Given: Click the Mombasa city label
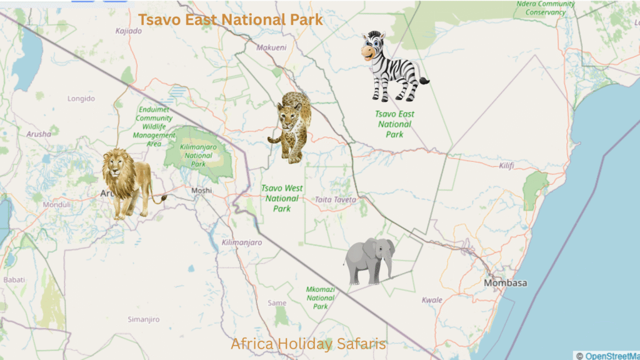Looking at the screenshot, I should tap(505, 283).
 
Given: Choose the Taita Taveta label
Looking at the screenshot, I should tap(336, 200).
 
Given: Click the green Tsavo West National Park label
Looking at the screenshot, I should tap(282, 198).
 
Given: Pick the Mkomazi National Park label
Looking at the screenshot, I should tap(321, 297).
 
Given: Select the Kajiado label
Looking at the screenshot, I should tap(129, 31).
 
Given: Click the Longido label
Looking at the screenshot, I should tap(81, 99).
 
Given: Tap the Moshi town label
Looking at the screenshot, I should tap(202, 190).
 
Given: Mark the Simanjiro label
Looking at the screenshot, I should tap(144, 319).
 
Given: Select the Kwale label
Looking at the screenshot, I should tap(432, 300).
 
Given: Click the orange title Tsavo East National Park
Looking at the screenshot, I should tap(231, 19).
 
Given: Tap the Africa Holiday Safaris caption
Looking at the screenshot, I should tap(309, 344).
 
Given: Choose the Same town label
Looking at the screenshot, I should tap(277, 303).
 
